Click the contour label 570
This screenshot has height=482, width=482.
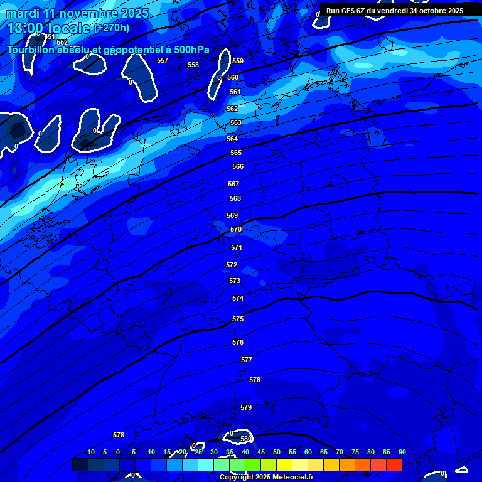click(236, 230)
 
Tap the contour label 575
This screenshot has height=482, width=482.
click(238, 319)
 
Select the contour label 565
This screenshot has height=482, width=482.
click(236, 153)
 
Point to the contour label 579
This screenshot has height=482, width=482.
click(246, 407)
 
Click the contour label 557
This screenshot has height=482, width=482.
click(163, 61)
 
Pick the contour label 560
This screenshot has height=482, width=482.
click(233, 77)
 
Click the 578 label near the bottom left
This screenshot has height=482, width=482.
click(119, 435)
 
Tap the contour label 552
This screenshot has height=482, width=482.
click(62, 42)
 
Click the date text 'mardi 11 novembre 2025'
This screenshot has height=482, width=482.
click(77, 13)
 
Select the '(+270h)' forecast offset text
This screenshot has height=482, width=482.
click(111, 28)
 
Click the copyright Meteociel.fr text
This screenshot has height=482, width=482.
click(266, 478)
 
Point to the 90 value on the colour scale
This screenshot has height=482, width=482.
click(402, 452)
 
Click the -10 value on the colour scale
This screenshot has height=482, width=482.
click(90, 452)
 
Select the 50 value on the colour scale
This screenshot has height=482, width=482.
click(277, 452)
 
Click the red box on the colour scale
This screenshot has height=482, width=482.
click(394, 464)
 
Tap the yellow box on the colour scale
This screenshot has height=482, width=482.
click(284, 464)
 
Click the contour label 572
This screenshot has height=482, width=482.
click(232, 265)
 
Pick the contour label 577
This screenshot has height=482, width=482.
click(247, 360)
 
